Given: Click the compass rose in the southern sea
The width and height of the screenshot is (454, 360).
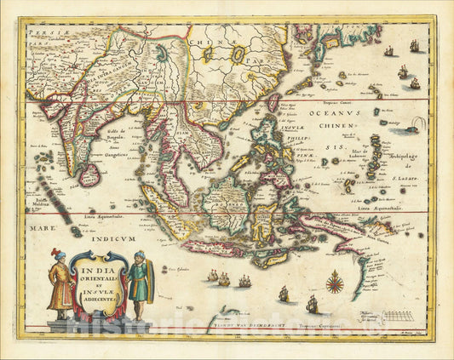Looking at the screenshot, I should click(335, 281).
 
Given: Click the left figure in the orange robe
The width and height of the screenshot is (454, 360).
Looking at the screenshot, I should click(60, 280).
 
